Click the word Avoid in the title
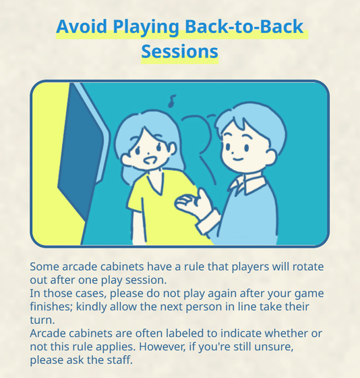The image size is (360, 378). [82, 26]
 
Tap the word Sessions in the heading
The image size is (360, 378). [179, 51]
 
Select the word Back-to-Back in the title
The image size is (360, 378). [244, 26]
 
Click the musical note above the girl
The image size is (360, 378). [172, 101]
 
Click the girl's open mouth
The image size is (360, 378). [150, 161]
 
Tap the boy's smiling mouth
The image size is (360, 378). [239, 159]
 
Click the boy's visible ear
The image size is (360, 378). [271, 157]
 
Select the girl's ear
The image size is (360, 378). [171, 148]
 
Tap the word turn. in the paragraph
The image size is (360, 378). [42, 321]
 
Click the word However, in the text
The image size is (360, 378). [162, 347]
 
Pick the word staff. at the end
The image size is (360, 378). [120, 360]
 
